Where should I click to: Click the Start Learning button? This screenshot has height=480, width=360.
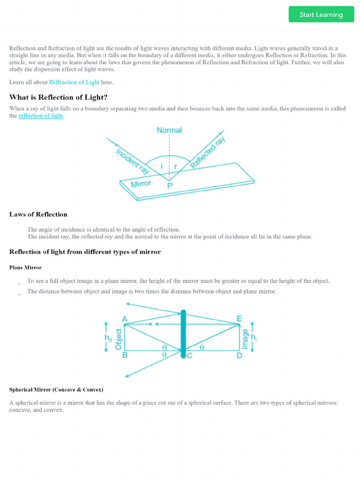(321, 15)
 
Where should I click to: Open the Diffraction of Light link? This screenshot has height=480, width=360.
(74, 82)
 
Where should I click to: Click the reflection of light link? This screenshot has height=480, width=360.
(41, 116)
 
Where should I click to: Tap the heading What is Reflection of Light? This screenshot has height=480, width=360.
(58, 97)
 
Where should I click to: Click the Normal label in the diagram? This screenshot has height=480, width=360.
(169, 130)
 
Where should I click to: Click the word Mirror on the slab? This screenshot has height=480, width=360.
(141, 184)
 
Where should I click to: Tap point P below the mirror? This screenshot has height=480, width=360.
(170, 186)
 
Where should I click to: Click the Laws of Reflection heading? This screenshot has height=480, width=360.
(38, 214)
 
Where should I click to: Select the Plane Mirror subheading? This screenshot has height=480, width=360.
(25, 267)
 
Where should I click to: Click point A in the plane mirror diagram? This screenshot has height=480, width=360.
(125, 319)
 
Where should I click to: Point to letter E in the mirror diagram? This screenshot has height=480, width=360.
(239, 319)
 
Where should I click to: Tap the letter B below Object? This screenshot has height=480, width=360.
(125, 355)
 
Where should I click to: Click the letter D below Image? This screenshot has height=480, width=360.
(239, 355)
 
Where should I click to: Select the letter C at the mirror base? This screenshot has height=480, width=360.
(189, 355)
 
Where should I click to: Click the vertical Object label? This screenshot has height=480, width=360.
(119, 339)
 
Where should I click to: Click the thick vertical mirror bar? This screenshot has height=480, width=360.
(183, 333)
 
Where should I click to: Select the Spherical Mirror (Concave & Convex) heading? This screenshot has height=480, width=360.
(56, 390)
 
